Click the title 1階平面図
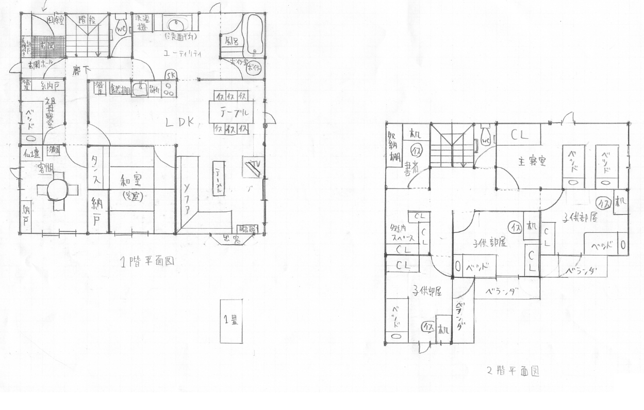point(147,261)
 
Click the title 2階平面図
point(513,371)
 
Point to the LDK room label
point(179,122)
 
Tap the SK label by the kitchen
point(171,75)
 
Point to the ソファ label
point(187,198)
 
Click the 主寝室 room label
point(532,162)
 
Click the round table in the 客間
point(57,191)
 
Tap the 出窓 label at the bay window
point(229,238)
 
